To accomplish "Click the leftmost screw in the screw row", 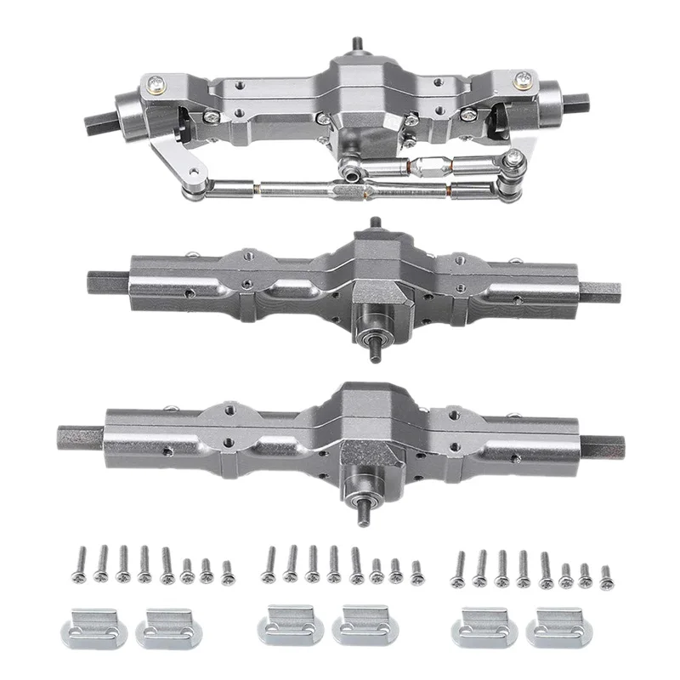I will [81, 563].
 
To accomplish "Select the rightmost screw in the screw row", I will [605, 578].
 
